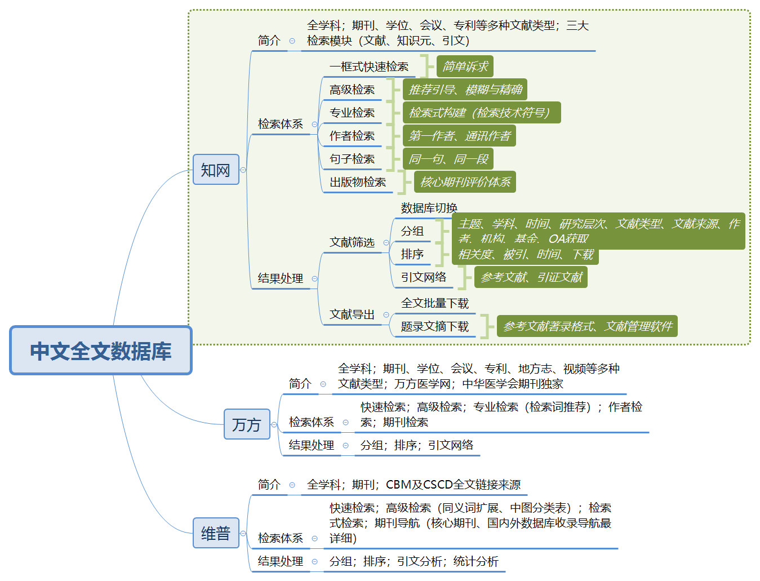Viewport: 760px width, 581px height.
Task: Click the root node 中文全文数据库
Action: (101, 351)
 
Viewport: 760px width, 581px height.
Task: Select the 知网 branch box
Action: (216, 170)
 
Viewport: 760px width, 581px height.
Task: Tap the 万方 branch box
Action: (247, 424)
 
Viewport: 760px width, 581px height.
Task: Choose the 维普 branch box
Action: (216, 533)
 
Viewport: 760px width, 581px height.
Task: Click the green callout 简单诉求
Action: (465, 66)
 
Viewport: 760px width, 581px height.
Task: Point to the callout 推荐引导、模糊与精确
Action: (465, 90)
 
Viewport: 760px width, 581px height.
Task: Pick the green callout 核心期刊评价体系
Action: (465, 182)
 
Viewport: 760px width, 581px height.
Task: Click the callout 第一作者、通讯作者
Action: (459, 136)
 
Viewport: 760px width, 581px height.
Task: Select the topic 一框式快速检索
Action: (369, 67)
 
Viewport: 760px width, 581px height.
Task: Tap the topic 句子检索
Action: (352, 159)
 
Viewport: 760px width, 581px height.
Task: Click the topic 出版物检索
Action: (358, 183)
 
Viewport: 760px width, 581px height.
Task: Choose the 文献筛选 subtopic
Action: (352, 242)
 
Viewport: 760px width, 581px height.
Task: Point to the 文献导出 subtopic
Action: (352, 314)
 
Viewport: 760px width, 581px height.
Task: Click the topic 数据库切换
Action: (429, 208)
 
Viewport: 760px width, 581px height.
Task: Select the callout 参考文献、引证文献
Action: (531, 277)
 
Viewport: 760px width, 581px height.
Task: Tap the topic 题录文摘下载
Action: (434, 327)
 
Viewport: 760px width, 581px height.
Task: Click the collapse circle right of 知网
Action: (243, 170)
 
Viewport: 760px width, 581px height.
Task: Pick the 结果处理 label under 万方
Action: (311, 445)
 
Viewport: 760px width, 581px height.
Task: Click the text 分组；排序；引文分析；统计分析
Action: (414, 561)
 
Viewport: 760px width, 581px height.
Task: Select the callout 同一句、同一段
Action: (448, 159)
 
